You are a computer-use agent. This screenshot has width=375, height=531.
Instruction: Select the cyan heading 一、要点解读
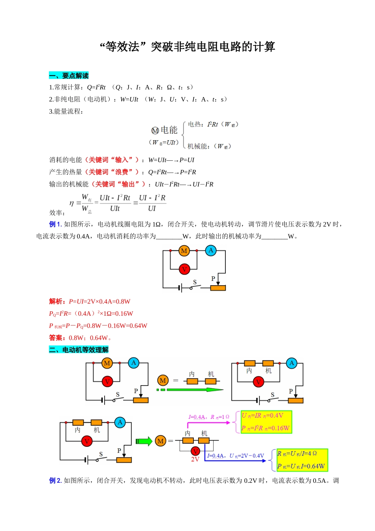pos(69,75)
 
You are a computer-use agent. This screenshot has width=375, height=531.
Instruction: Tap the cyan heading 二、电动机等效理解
pos(79,350)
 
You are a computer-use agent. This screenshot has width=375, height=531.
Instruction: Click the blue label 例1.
pos(55,224)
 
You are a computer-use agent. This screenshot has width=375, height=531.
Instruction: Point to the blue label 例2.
pos(55,480)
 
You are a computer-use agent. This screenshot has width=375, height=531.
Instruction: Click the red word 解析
pos(56,301)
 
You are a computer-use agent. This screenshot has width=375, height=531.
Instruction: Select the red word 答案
pos(56,338)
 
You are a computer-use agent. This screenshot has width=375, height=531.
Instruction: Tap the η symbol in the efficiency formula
pos(71,203)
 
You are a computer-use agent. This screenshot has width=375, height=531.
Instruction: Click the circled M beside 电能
pos(155,130)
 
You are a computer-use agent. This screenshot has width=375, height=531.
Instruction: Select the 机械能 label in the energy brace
pos(197,146)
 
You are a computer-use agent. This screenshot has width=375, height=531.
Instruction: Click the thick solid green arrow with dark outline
pos(144,441)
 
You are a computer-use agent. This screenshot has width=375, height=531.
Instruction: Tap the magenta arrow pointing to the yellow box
pos(208,423)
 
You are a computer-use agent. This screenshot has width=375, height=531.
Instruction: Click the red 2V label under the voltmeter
pos(195,459)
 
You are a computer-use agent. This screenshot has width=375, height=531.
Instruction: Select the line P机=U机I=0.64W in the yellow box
pos(301,466)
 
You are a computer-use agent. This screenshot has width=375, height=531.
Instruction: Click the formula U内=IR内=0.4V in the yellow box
pos(262,416)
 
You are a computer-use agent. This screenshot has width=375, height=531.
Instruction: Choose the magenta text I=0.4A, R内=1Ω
pos(209,417)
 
